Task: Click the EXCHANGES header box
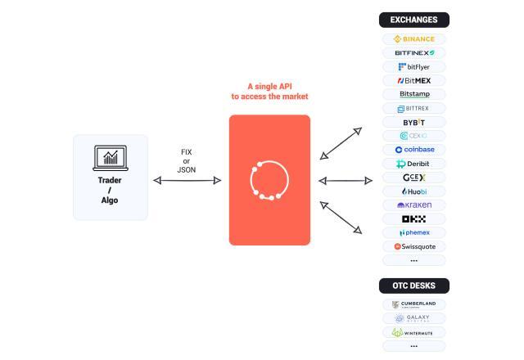click(x=413, y=20)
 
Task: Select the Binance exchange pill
click(x=413, y=39)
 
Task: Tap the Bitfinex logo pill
click(x=413, y=53)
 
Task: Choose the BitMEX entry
click(x=413, y=81)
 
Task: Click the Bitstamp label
click(x=413, y=94)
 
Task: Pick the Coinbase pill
click(x=413, y=150)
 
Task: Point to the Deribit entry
click(x=413, y=164)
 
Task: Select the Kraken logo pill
click(x=413, y=205)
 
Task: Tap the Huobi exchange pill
click(x=413, y=191)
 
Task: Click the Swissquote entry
click(x=413, y=246)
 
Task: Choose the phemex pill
click(x=413, y=232)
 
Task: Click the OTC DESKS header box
click(x=413, y=286)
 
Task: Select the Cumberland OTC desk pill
click(x=413, y=304)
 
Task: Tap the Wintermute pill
click(x=413, y=332)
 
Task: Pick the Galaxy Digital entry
click(x=413, y=318)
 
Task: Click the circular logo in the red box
click(x=269, y=180)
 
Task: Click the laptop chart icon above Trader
click(x=110, y=158)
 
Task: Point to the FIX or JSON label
click(x=187, y=161)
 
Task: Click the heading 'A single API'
click(x=269, y=86)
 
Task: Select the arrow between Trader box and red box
click(x=187, y=180)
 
